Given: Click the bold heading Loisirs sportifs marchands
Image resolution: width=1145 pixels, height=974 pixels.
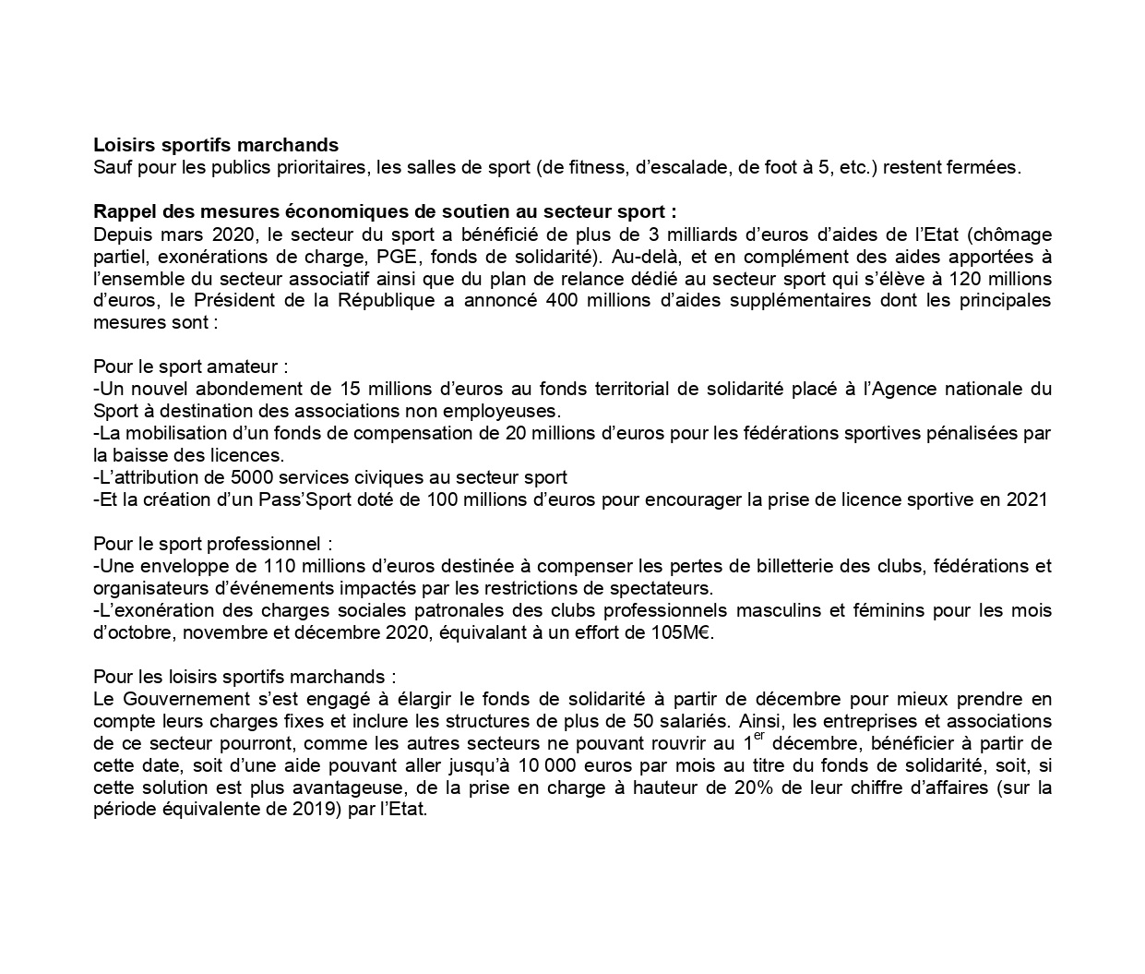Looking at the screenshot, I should pos(216,145).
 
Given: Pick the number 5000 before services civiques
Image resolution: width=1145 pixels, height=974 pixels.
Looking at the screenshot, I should pos(233,477).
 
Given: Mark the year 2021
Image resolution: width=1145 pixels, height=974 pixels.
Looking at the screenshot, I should pos(1029,499).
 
